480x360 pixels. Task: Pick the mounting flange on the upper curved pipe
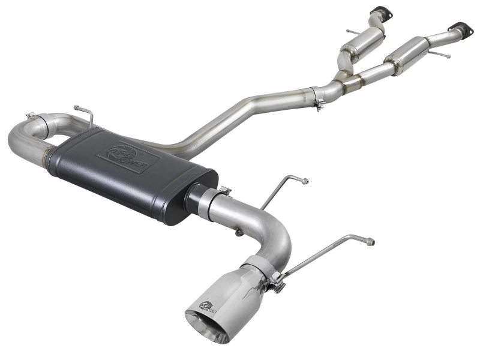point(379,11)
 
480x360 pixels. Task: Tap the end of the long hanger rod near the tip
point(371,242)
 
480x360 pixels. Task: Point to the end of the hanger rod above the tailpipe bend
point(305,181)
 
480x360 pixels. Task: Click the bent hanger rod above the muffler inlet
point(84,113)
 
